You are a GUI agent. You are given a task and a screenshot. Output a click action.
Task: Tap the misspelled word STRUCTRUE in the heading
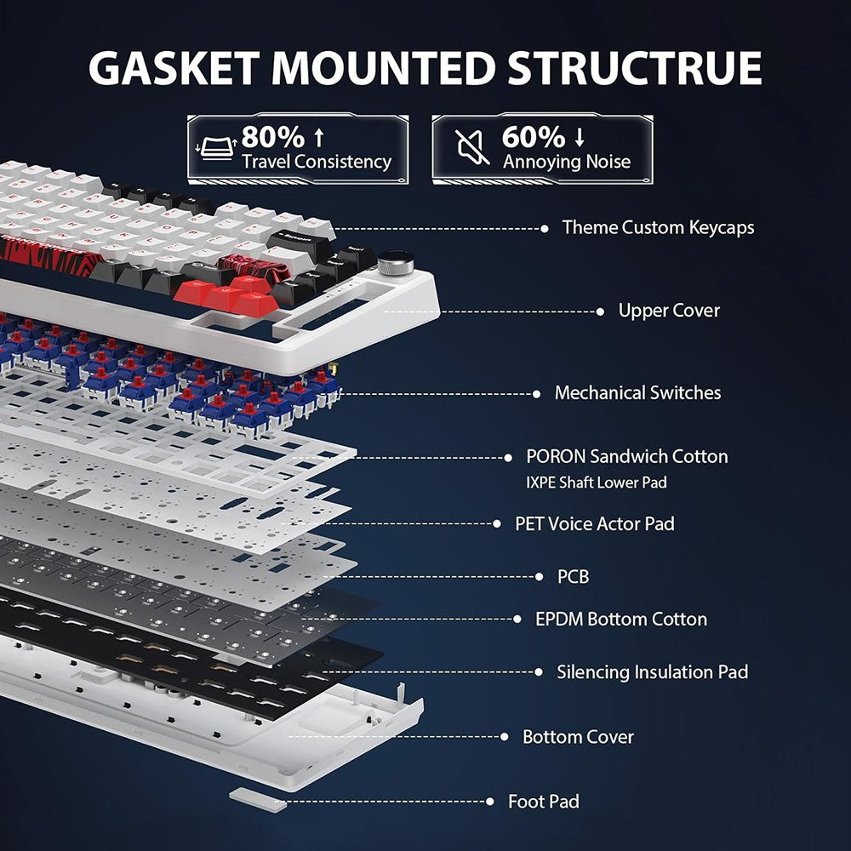tap(635, 67)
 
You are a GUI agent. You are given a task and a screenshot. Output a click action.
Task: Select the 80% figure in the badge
tap(271, 136)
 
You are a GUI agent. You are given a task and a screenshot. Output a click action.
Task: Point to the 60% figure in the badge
tap(533, 136)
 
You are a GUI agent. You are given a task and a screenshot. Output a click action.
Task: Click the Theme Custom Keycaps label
tap(658, 227)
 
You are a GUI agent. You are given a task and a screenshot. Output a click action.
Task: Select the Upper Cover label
tap(669, 311)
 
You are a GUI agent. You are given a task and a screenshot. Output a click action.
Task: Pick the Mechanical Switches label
tap(637, 393)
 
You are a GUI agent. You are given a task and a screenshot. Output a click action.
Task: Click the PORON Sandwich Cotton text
tap(627, 457)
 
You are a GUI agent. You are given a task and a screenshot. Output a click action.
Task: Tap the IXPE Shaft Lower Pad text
tap(596, 483)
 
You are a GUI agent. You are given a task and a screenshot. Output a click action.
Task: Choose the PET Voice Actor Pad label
tap(594, 523)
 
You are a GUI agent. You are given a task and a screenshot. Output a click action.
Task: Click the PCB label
tap(573, 577)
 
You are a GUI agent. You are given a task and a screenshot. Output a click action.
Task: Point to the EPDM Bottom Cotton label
tap(621, 619)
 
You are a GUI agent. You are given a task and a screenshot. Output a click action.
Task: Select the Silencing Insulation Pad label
tap(653, 672)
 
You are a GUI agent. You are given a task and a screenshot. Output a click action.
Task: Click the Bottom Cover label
tap(578, 737)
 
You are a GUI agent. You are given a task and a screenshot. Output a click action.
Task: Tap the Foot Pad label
tap(543, 802)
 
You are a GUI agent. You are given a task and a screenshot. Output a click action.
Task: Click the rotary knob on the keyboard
tap(393, 262)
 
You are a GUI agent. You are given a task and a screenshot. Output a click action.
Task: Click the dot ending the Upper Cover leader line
tap(600, 311)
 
